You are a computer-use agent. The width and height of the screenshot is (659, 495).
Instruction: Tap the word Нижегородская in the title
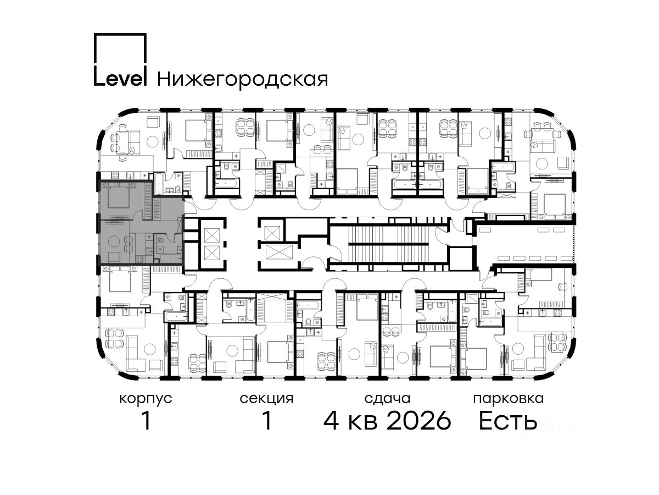pyautogui.click(x=242, y=79)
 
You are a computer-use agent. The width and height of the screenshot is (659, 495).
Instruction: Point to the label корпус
pyautogui.click(x=146, y=399)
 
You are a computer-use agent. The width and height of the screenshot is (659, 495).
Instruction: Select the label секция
pyautogui.click(x=266, y=399)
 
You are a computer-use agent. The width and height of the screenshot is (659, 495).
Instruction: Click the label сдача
pyautogui.click(x=387, y=399)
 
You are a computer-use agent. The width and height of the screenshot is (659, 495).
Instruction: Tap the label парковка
pyautogui.click(x=508, y=399)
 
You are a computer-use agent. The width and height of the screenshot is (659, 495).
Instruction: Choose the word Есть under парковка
pyautogui.click(x=507, y=421)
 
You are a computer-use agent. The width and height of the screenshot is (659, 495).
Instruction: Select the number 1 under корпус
pyautogui.click(x=146, y=421)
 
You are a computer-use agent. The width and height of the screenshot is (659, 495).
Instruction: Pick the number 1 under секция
pyautogui.click(x=266, y=421)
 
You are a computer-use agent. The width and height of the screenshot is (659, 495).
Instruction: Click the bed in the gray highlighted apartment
pyautogui.click(x=118, y=195)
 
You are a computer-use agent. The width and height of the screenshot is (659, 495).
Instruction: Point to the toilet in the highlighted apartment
pyautogui.click(x=160, y=240)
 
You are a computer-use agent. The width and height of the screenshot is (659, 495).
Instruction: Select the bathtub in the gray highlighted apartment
pyautogui.click(x=171, y=258)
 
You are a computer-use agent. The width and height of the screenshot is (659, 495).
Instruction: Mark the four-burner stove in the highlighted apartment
pyautogui.click(x=139, y=259)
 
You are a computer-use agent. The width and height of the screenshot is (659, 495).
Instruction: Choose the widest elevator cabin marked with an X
pyautogui.click(x=279, y=252)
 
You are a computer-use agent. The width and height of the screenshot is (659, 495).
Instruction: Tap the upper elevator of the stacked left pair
pyautogui.click(x=212, y=235)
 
